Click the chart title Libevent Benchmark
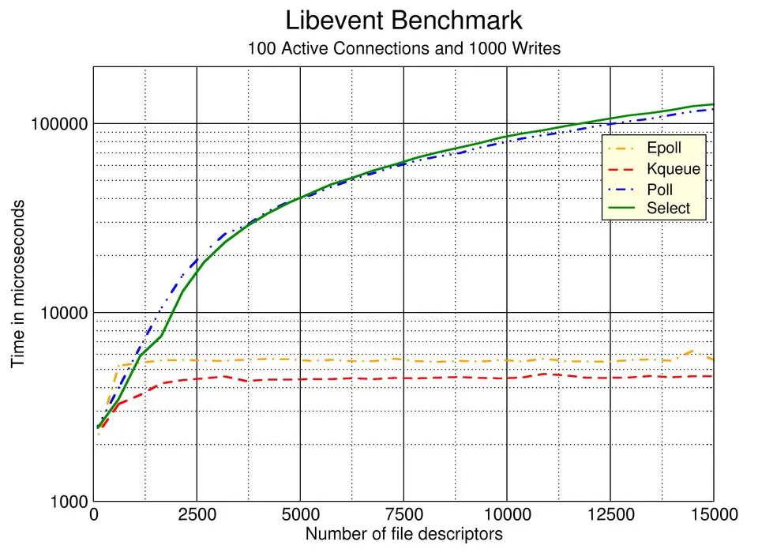coord(403,20)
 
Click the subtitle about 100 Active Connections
coord(403,48)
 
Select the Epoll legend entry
coord(664,147)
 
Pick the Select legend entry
coord(668,209)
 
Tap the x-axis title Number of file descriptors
coord(403,535)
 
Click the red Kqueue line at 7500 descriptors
coord(403,378)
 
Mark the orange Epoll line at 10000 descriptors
coord(507,361)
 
